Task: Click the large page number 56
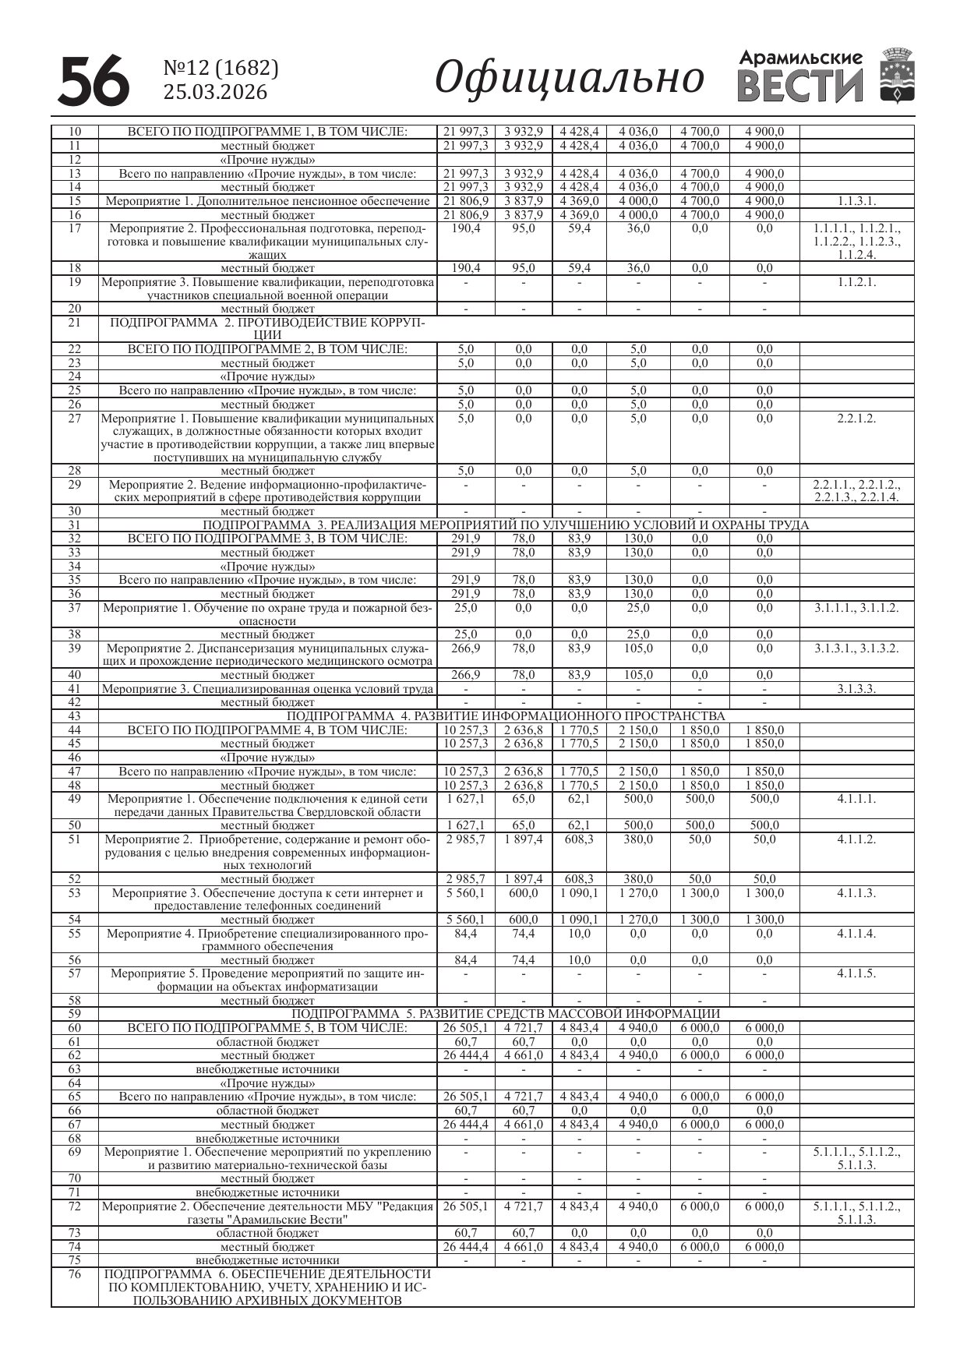(x=94, y=80)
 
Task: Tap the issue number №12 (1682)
(x=221, y=69)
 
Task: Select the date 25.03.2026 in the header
(x=215, y=93)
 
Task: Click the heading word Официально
(x=569, y=78)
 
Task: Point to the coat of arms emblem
(x=897, y=76)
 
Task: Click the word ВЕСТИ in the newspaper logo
(x=800, y=87)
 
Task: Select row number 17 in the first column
(x=75, y=228)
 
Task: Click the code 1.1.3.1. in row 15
(x=856, y=201)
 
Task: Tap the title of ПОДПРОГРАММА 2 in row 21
(x=267, y=329)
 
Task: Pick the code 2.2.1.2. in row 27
(x=856, y=419)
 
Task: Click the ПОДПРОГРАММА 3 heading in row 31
(x=506, y=525)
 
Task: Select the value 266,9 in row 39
(x=466, y=648)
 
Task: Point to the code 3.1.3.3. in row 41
(x=856, y=689)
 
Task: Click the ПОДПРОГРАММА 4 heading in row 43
(x=506, y=716)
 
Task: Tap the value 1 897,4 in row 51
(x=524, y=839)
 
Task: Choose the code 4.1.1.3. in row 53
(x=856, y=893)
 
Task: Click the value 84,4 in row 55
(x=466, y=934)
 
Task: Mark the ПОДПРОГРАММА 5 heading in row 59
(x=506, y=1014)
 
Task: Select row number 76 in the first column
(x=75, y=1275)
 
